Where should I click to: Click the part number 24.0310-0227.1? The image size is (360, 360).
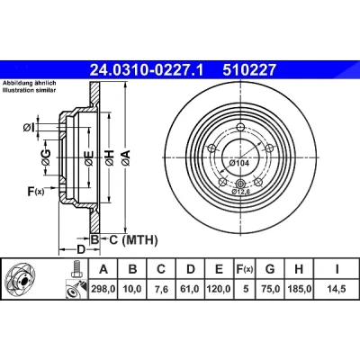point(147,70)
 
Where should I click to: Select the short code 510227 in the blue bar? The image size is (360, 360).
point(248,70)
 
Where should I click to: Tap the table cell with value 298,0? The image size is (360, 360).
point(103,289)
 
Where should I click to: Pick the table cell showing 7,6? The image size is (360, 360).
point(161,289)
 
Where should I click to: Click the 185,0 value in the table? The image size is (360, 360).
point(299,289)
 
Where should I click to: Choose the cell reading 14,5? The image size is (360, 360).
point(337,289)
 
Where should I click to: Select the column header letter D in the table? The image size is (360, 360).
point(191,269)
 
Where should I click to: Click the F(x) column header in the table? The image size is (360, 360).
point(244,269)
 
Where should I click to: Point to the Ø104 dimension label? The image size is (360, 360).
point(238,163)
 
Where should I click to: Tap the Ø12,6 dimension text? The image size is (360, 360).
point(241,193)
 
